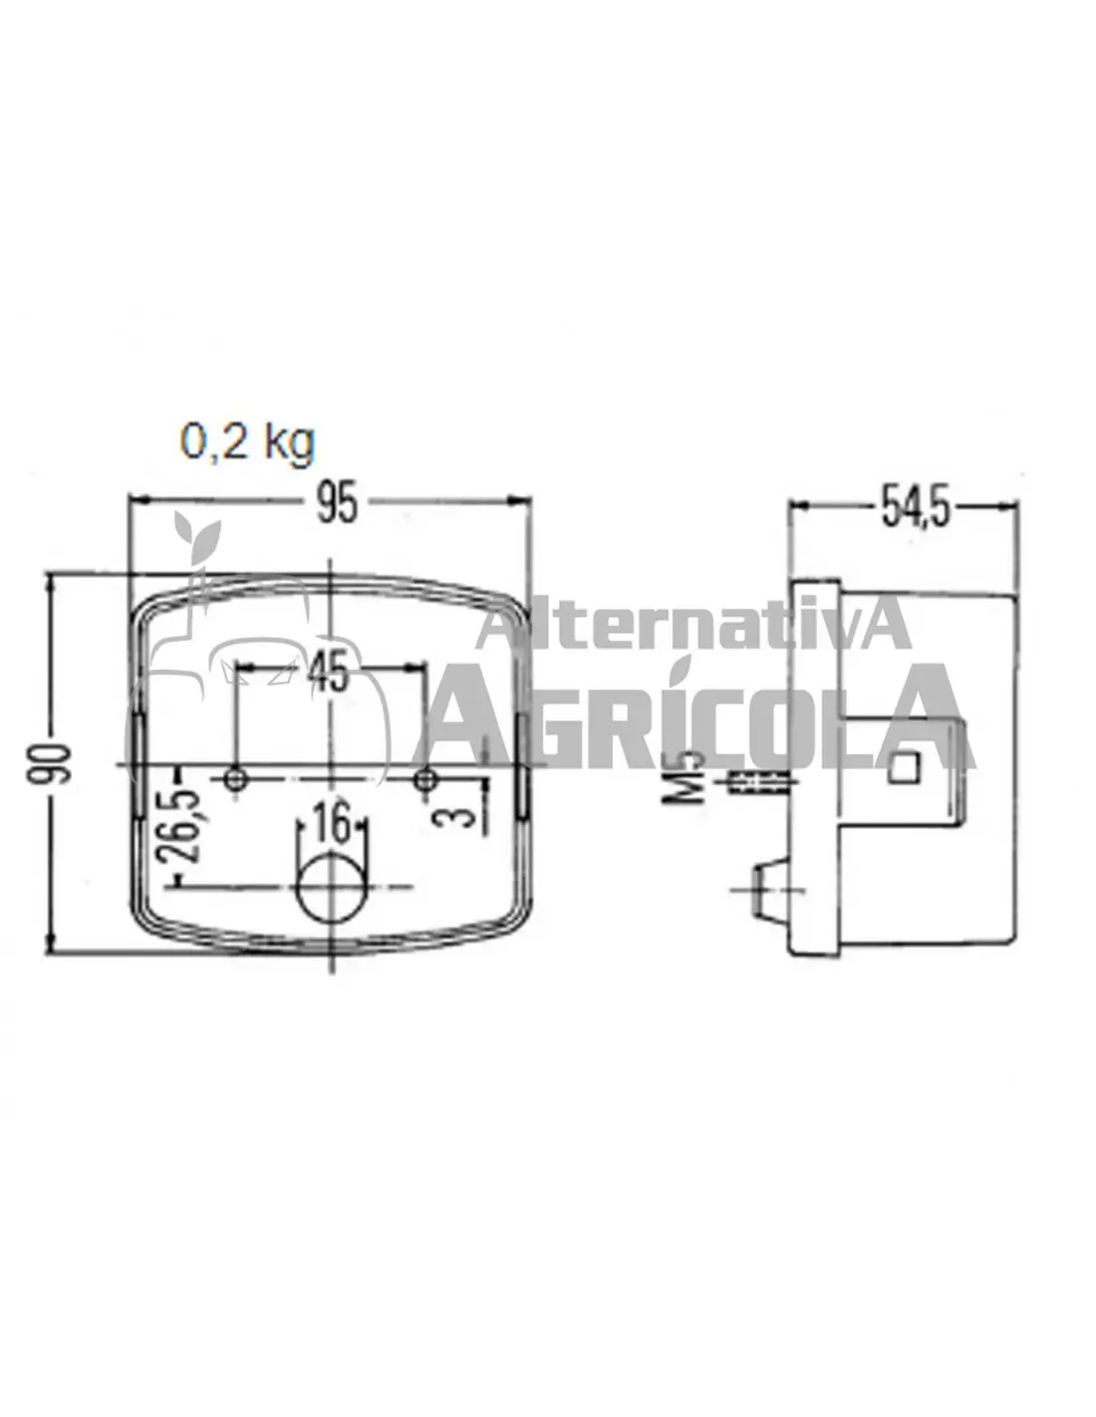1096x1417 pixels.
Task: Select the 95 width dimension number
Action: (337, 503)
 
